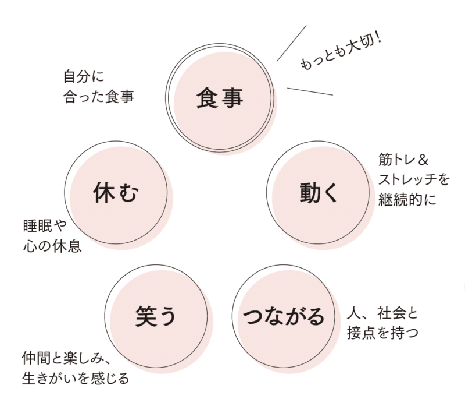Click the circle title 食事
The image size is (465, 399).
click(220, 98)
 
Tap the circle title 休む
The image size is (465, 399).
click(116, 193)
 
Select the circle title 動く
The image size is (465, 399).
click(319, 193)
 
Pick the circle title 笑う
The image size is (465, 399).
click(156, 317)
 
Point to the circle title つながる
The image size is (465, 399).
click(284, 316)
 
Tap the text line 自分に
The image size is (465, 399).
click(84, 76)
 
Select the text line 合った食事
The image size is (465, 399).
click(99, 97)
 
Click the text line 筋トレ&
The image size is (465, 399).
click(403, 160)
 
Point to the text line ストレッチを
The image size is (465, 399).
click(414, 179)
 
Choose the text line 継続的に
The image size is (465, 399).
click(407, 199)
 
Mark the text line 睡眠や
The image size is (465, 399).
click(45, 226)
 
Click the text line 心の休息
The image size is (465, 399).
click(52, 246)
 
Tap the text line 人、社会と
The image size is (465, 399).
click(382, 313)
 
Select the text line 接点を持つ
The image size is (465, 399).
click(382, 333)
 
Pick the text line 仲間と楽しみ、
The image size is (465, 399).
click(66, 359)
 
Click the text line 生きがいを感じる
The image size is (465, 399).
click(76, 378)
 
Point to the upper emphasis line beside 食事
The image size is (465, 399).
click(292, 43)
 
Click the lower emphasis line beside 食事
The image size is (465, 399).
click(310, 91)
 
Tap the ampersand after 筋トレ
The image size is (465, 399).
click(423, 160)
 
